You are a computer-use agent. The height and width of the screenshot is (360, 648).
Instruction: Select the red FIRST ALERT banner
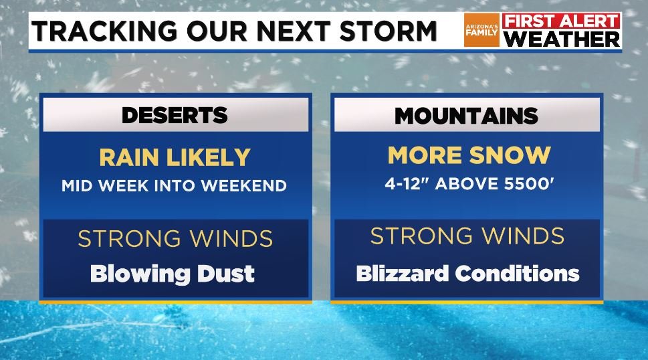[x=562, y=21]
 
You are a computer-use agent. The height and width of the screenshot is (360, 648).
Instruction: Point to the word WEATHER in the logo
[x=562, y=39]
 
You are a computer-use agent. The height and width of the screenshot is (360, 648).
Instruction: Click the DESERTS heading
[x=175, y=115]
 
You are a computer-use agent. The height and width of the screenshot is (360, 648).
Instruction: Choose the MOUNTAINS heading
[x=466, y=115]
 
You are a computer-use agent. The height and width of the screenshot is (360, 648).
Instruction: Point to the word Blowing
[x=139, y=273]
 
